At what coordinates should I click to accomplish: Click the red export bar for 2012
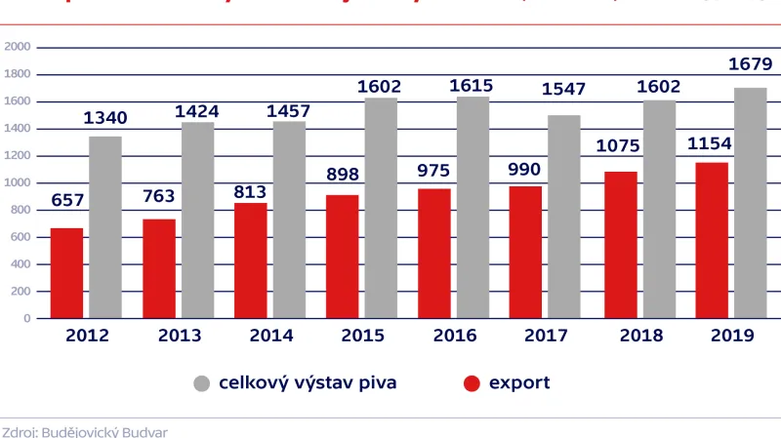point(66,273)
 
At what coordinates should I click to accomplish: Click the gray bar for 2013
point(197,219)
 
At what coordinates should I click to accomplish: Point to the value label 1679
point(750,65)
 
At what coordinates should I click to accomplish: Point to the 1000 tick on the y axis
point(18,182)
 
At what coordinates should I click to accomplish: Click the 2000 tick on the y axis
point(18,47)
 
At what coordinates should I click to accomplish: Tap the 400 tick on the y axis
point(21,264)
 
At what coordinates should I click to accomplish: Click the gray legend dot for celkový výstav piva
point(201,383)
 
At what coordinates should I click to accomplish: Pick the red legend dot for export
point(472,383)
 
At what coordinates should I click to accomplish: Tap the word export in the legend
point(519,382)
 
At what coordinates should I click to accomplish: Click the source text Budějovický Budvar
point(93,431)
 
